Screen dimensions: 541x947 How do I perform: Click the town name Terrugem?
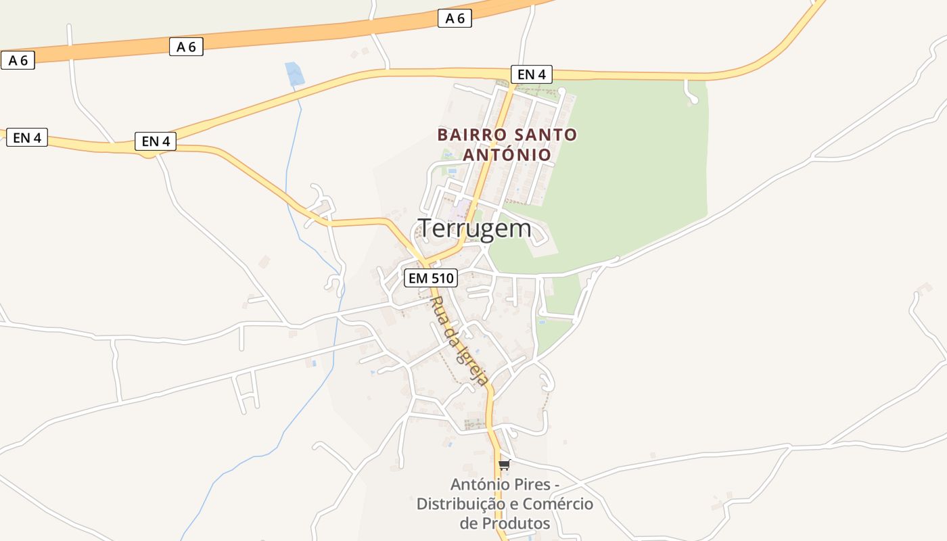[x=475, y=229]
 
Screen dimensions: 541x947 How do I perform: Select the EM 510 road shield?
[x=431, y=277]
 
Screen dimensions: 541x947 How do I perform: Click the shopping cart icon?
[x=504, y=465]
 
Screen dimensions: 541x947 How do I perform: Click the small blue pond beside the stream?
[x=294, y=73]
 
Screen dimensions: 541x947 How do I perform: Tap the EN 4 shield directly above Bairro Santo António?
[x=531, y=74]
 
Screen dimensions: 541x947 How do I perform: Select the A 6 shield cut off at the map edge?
[x=18, y=60]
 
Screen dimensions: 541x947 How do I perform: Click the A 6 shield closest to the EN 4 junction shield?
[x=186, y=47]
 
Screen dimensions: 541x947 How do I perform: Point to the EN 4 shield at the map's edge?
[x=27, y=138]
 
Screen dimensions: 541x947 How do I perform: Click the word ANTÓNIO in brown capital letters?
[x=507, y=155]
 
